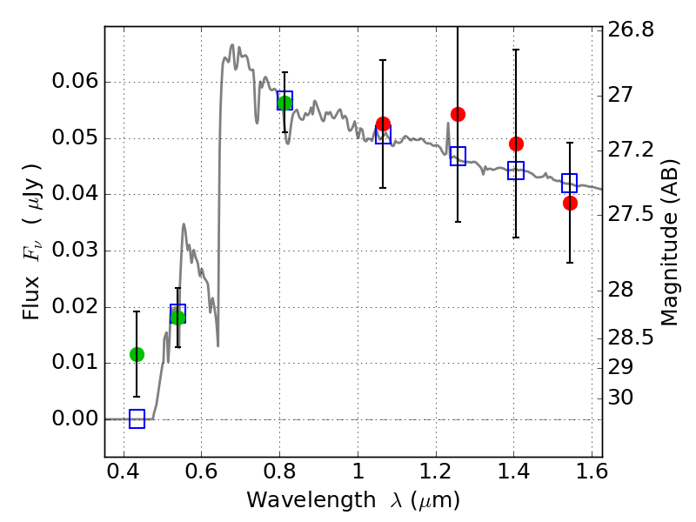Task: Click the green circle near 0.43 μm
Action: click(x=137, y=354)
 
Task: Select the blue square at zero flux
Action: click(x=137, y=419)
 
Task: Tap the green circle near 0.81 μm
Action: click(x=284, y=103)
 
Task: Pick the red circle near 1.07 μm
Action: click(x=383, y=124)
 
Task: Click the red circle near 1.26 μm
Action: click(x=458, y=114)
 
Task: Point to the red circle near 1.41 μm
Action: click(x=516, y=144)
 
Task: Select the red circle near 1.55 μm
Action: click(x=570, y=203)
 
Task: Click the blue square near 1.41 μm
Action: click(x=516, y=171)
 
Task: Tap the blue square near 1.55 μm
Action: click(x=570, y=183)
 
